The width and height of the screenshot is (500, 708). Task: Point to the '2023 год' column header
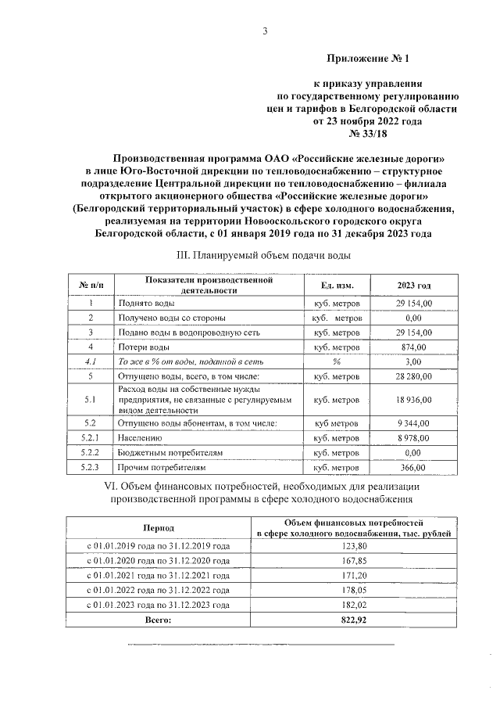[413, 285]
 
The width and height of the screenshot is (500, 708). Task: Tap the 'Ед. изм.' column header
[336, 285]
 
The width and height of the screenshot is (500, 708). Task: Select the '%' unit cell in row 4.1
[336, 361]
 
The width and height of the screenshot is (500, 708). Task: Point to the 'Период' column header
[159, 529]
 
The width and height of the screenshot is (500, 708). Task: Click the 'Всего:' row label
[159, 620]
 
